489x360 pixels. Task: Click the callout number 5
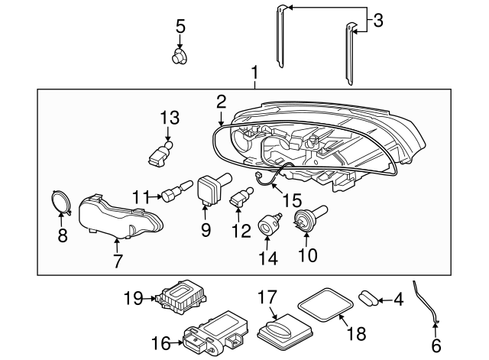[180, 26]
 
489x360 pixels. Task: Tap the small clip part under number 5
[180, 56]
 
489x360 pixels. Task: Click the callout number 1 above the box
[254, 74]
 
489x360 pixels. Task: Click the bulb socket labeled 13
[160, 153]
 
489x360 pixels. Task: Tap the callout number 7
[117, 261]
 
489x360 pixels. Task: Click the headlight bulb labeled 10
[309, 218]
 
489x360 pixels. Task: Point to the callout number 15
[292, 200]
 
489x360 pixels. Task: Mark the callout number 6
[436, 345]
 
